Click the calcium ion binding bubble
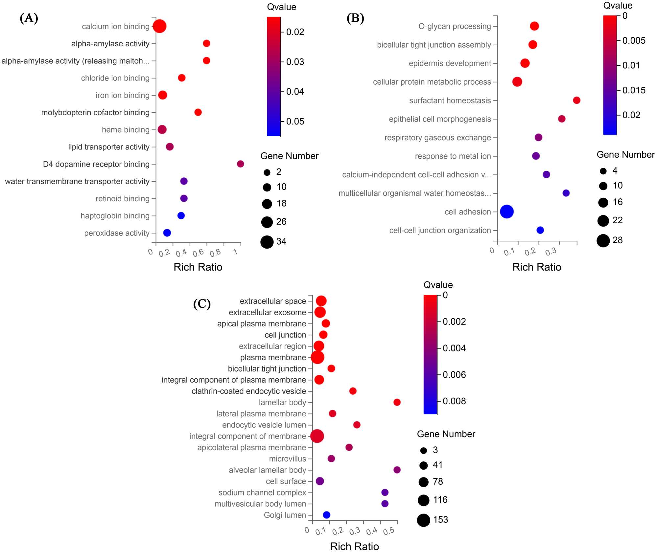[x=159, y=26]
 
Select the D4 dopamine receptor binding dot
[x=240, y=164]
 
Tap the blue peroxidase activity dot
[x=167, y=233]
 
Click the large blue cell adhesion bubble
[x=506, y=211]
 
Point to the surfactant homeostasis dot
[x=576, y=100]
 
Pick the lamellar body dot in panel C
[x=397, y=402]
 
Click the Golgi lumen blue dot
[x=326, y=515]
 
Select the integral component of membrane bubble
[x=317, y=436]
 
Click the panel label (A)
[x=29, y=18]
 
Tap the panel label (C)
[x=202, y=304]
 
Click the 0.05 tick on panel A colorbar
[x=295, y=121]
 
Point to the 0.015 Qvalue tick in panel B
[x=634, y=90]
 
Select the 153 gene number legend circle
[x=424, y=520]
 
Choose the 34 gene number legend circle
[x=267, y=242]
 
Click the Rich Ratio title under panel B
[x=536, y=267]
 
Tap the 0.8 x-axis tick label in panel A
[x=216, y=253]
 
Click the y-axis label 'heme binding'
[x=126, y=130]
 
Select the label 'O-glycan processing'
[x=455, y=26]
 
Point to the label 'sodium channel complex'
[x=262, y=493]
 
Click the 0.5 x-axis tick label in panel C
[x=389, y=531]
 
